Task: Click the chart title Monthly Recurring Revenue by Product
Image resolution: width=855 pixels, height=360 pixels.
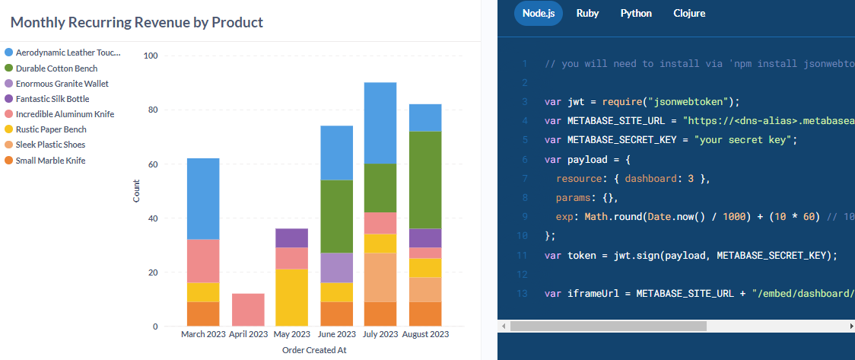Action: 137,22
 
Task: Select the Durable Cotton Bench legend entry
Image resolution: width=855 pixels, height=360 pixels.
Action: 56,68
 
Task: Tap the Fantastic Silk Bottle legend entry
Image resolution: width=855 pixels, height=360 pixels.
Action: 52,99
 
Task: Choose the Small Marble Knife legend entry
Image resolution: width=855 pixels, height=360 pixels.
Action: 50,161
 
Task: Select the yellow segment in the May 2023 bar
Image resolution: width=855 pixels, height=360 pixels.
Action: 291,297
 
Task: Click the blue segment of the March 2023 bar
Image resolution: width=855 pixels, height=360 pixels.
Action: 203,199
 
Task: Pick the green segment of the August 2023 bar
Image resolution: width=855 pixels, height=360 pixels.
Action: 425,180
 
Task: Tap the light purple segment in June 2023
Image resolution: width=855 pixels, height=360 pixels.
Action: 335,267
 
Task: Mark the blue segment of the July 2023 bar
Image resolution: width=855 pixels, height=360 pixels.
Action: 380,123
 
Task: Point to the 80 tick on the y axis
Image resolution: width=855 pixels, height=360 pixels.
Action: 152,110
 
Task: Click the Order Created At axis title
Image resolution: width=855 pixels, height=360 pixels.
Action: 314,350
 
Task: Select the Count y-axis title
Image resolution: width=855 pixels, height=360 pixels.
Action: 136,191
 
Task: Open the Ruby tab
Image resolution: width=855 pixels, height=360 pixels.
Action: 587,14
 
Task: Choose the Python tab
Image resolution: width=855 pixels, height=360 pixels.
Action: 636,14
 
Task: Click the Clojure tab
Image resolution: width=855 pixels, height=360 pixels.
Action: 689,14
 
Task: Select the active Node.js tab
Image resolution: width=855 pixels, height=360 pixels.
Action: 539,14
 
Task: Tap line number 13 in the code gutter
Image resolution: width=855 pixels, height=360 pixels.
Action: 522,294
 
